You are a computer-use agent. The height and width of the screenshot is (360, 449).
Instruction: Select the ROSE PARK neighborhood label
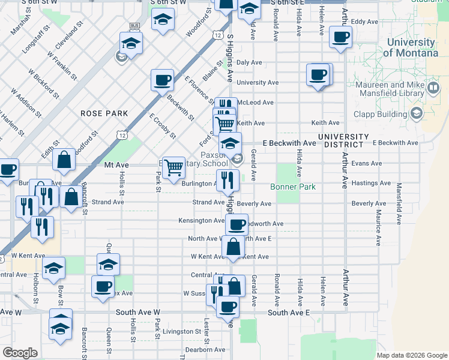click(x=104, y=113)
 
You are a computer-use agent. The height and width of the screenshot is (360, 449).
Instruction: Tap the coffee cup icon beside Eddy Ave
click(x=341, y=38)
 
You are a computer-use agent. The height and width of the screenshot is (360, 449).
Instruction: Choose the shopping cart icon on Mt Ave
click(x=173, y=167)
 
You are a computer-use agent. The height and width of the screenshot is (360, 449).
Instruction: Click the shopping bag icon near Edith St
click(x=64, y=160)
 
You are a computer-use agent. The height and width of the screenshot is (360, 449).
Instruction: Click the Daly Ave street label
click(x=249, y=62)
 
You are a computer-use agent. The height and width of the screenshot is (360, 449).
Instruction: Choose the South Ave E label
click(x=288, y=313)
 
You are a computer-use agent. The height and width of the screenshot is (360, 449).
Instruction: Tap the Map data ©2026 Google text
click(x=411, y=355)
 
